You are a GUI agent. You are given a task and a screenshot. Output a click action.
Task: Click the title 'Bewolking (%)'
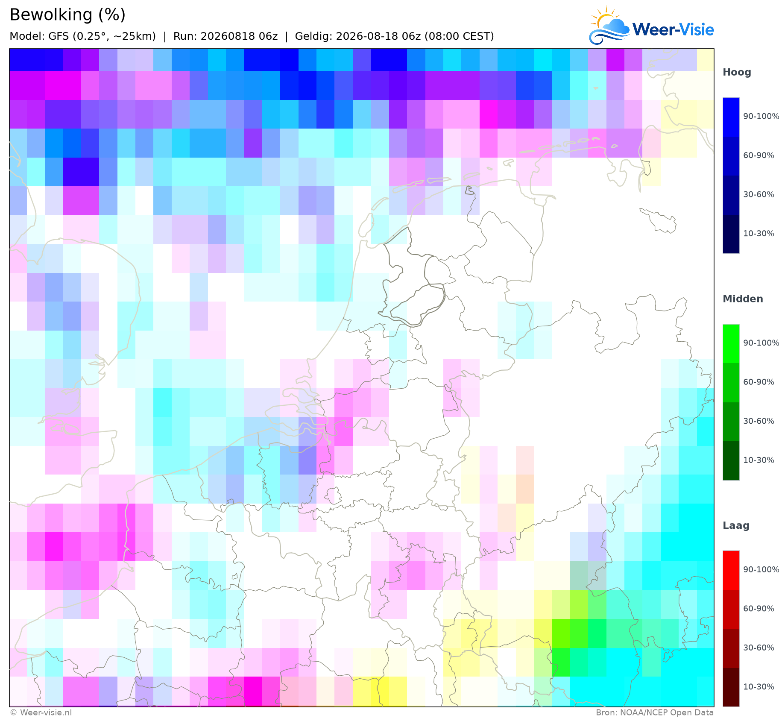(x=67, y=15)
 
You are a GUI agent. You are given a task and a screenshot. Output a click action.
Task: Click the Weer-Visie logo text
(x=673, y=29)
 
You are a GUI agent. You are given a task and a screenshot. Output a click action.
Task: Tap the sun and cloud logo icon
(x=609, y=25)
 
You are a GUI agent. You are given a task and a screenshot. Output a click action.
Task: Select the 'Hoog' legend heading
(x=737, y=72)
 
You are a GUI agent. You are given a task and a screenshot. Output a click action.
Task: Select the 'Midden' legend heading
(x=743, y=299)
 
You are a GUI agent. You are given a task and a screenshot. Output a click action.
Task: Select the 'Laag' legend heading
(x=736, y=525)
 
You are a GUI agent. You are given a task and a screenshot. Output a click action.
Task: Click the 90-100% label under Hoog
(x=761, y=116)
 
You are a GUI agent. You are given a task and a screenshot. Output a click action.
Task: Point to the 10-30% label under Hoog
(x=758, y=234)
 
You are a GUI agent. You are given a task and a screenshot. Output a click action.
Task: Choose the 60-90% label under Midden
(x=758, y=382)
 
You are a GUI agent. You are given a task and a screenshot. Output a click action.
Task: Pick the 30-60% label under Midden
(x=758, y=421)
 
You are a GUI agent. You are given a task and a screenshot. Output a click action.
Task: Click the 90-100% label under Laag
(x=761, y=569)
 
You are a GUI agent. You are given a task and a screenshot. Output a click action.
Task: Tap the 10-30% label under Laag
(x=758, y=687)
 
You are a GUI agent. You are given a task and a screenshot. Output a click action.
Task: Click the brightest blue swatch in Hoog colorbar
(x=731, y=117)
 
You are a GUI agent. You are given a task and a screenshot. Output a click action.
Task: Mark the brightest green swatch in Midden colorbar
(x=731, y=344)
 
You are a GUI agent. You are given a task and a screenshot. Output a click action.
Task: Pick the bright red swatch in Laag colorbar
(x=731, y=571)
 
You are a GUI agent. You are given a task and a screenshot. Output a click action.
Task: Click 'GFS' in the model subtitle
(x=59, y=36)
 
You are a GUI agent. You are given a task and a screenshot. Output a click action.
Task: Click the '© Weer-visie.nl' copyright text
(x=41, y=712)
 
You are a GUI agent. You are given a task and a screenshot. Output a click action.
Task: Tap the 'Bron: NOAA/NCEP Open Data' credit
(x=655, y=712)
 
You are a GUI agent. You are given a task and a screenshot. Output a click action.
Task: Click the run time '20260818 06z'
(x=239, y=36)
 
